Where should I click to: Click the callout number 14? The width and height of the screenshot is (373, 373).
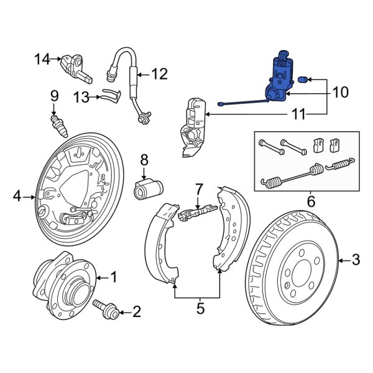click(41, 59)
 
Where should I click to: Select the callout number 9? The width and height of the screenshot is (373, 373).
click(54, 96)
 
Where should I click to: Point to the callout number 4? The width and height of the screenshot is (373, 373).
click(17, 198)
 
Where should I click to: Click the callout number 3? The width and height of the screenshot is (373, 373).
click(355, 259)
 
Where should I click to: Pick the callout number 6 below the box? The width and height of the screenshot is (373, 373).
click(311, 201)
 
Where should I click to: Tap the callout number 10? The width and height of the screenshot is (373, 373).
click(341, 93)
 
